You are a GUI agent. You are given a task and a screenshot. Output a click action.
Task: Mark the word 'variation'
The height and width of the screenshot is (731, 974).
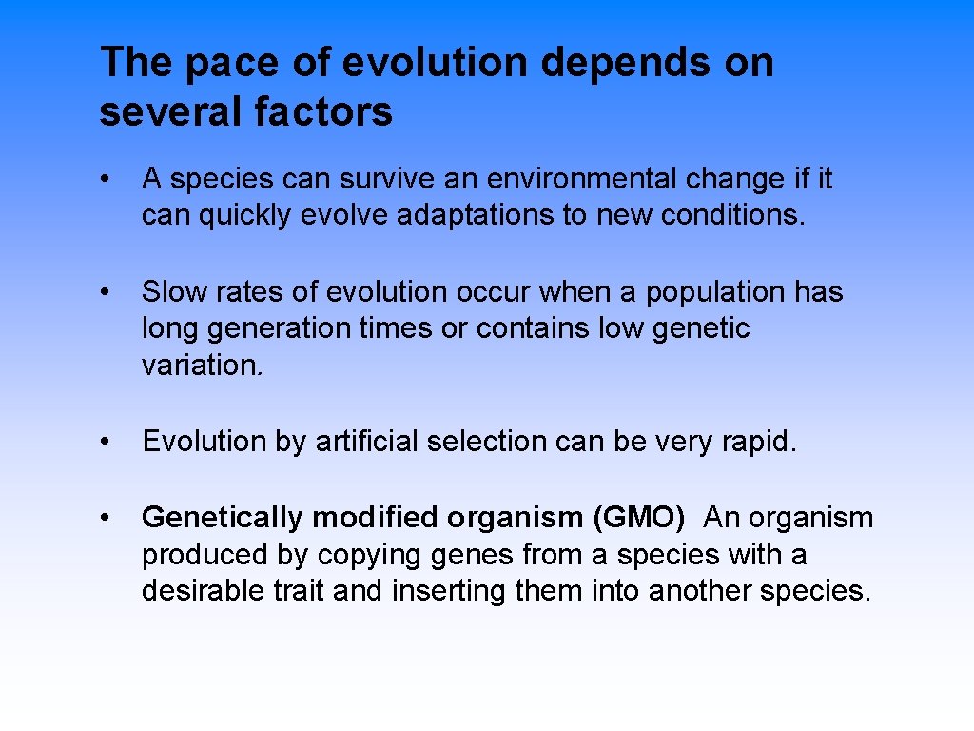tap(199, 365)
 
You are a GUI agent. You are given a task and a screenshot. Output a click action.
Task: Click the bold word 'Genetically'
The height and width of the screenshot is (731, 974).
tap(223, 518)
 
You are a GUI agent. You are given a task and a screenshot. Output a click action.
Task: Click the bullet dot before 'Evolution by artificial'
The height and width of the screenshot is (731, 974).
tap(111, 442)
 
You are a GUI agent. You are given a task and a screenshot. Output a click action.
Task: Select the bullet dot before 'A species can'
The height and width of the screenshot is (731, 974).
tap(111, 178)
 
